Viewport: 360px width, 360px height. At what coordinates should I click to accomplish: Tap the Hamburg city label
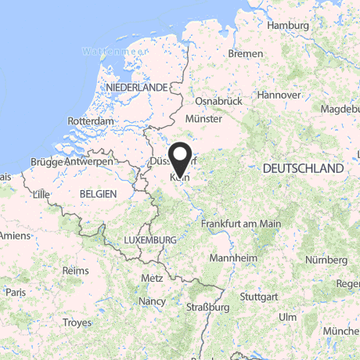[289, 25]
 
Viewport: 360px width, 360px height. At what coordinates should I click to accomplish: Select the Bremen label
[245, 53]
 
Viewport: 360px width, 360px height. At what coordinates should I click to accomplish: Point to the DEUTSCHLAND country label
[304, 168]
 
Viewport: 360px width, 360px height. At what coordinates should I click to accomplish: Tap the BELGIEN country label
[98, 193]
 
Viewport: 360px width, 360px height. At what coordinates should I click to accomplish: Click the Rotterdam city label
[92, 121]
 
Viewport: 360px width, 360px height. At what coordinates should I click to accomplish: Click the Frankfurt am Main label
[241, 224]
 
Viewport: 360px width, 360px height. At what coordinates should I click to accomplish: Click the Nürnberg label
[326, 259]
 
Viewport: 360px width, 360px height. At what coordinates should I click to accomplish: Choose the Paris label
[15, 291]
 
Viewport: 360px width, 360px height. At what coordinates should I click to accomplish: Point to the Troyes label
[77, 322]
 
